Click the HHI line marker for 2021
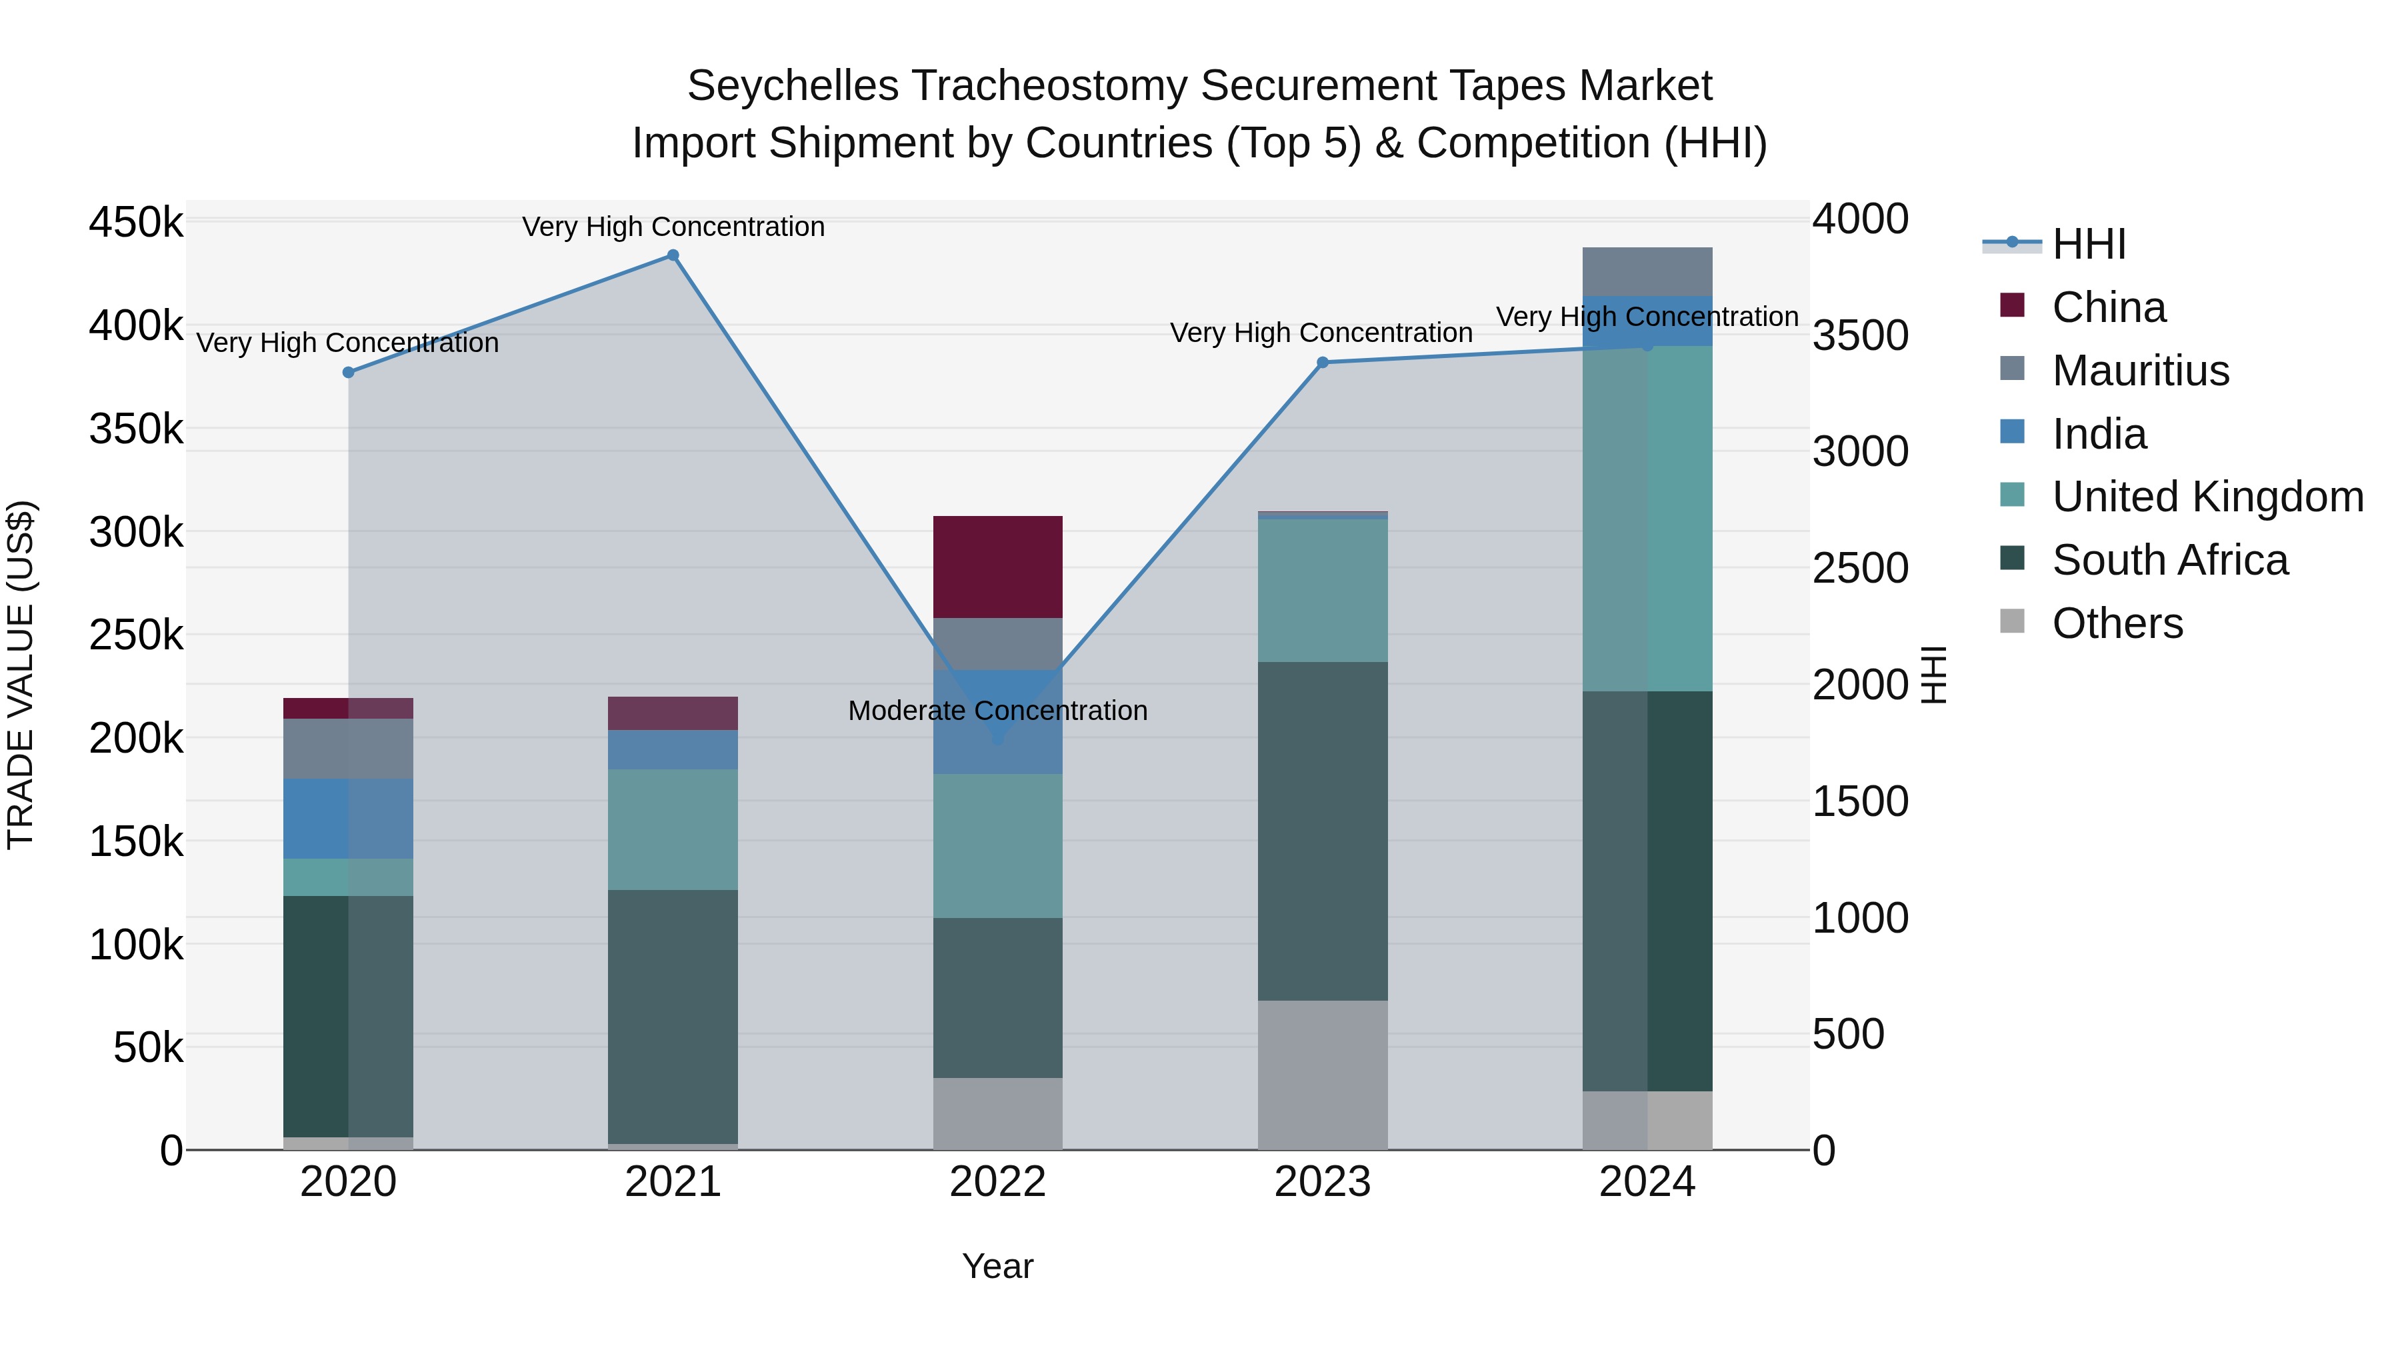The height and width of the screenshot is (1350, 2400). [673, 255]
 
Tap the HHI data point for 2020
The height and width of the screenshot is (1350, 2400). [349, 373]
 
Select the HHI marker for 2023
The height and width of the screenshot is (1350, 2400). [1322, 363]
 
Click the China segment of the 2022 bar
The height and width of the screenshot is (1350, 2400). [998, 567]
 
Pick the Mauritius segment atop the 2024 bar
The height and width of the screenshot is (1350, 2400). [1647, 271]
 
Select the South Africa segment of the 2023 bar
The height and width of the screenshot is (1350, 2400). [1322, 831]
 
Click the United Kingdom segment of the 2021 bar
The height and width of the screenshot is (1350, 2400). [673, 829]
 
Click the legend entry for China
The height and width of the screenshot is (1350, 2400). [2109, 307]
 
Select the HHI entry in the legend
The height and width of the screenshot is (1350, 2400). [2089, 244]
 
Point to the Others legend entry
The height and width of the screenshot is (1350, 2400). [2117, 623]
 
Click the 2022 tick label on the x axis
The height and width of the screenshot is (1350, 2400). [998, 1182]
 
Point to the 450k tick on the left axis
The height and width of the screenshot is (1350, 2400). [136, 223]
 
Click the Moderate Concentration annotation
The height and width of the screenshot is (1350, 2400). [998, 711]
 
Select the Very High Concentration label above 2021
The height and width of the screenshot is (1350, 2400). [673, 227]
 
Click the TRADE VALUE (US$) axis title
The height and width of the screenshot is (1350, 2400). [21, 675]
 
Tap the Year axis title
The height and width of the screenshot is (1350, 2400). [998, 1266]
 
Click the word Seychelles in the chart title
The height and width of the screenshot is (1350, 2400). [793, 86]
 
